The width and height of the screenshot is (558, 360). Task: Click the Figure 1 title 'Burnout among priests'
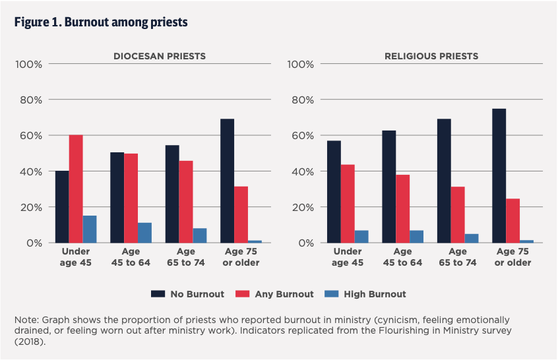[x=101, y=22]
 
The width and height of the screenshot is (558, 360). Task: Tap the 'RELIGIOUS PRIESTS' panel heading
[x=431, y=56]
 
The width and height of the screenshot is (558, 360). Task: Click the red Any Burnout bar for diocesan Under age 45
[x=76, y=189]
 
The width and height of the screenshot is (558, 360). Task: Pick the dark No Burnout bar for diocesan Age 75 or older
[x=227, y=181]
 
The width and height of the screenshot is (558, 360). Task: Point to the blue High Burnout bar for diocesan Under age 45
[x=90, y=229]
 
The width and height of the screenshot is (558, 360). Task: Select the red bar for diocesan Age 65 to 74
[x=186, y=202]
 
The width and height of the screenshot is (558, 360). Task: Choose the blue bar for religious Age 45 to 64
[x=416, y=236]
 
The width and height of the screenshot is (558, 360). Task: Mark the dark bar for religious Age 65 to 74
[x=444, y=181]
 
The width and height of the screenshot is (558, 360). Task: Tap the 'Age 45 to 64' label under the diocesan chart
[x=131, y=257]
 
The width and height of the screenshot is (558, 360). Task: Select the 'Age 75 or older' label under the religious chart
[x=512, y=257]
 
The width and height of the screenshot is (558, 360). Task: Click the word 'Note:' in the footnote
[x=26, y=320]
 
